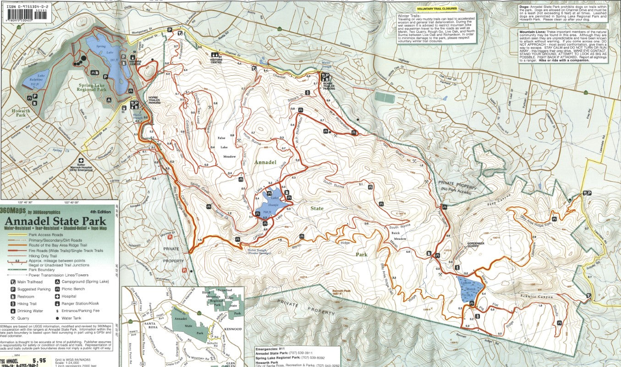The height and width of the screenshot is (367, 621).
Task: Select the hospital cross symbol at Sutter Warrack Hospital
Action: [81, 161]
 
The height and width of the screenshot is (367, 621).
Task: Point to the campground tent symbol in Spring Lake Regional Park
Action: [109, 100]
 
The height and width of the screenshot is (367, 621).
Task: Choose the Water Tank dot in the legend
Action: [57, 317]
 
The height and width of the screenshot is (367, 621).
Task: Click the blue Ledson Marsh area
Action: [470, 288]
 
